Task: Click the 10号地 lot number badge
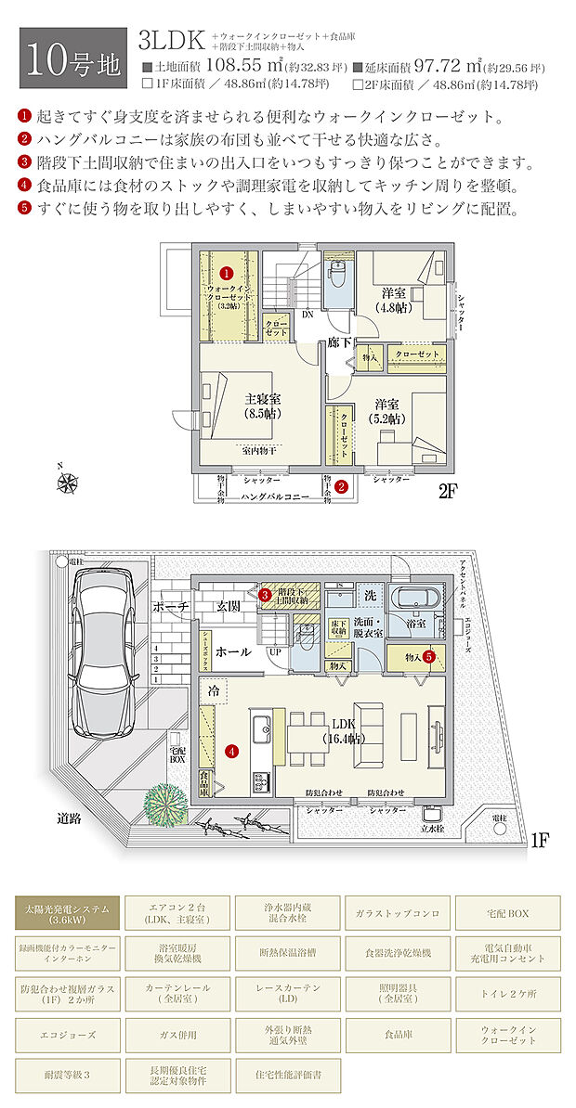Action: pos(72,58)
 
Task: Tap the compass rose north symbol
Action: pos(67,481)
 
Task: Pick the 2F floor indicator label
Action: pos(449,493)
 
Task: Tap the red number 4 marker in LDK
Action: pos(231,751)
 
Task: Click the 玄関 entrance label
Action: pos(229,605)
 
